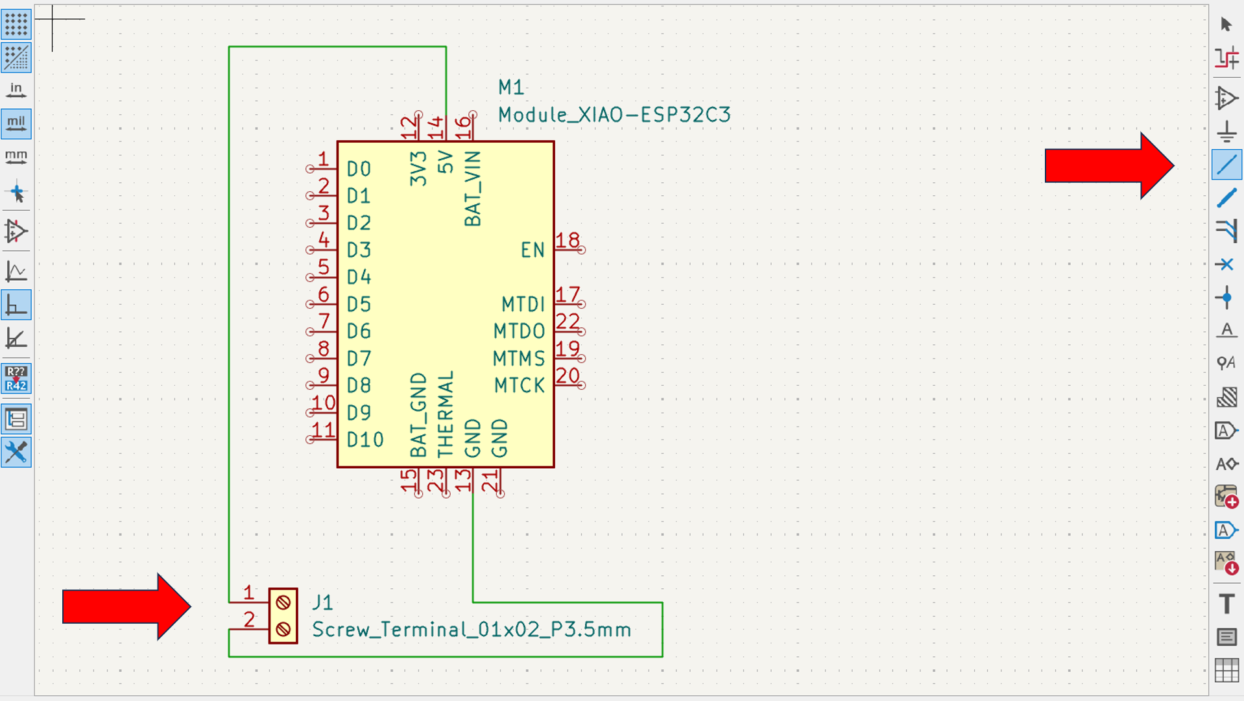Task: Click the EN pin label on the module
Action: (532, 250)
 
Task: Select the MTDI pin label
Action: (523, 304)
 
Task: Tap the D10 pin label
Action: (365, 440)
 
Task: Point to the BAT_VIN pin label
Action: (473, 189)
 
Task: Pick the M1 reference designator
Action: (511, 88)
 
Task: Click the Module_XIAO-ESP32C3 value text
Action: (614, 115)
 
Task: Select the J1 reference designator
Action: (322, 602)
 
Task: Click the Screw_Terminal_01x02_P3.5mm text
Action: (472, 630)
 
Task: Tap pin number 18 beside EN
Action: (568, 241)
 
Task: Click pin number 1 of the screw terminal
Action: (248, 593)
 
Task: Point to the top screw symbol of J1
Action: (283, 602)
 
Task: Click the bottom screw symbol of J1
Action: (283, 629)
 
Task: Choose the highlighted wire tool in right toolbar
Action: (1226, 165)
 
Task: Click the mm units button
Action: (16, 157)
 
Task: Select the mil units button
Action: (16, 123)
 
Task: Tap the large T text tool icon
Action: (1226, 604)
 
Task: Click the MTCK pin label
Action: (519, 386)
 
